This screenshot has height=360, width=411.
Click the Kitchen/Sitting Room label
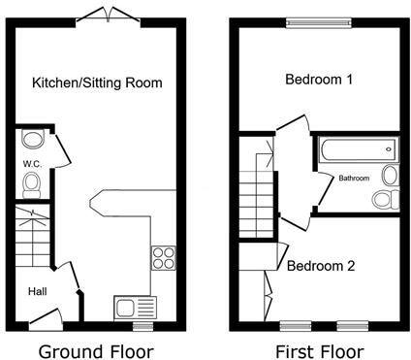pos(96,82)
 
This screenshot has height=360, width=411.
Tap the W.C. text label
pos(31,164)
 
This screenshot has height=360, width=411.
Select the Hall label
pos(36,290)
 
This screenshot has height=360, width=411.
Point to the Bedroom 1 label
pos(318,81)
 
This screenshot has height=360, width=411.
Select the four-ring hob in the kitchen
pos(162,258)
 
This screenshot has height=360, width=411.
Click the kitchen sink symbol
pos(127,308)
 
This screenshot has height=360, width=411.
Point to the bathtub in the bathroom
pos(356,150)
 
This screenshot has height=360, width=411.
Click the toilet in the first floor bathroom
pos(386,199)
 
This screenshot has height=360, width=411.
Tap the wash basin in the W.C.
pos(30,140)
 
